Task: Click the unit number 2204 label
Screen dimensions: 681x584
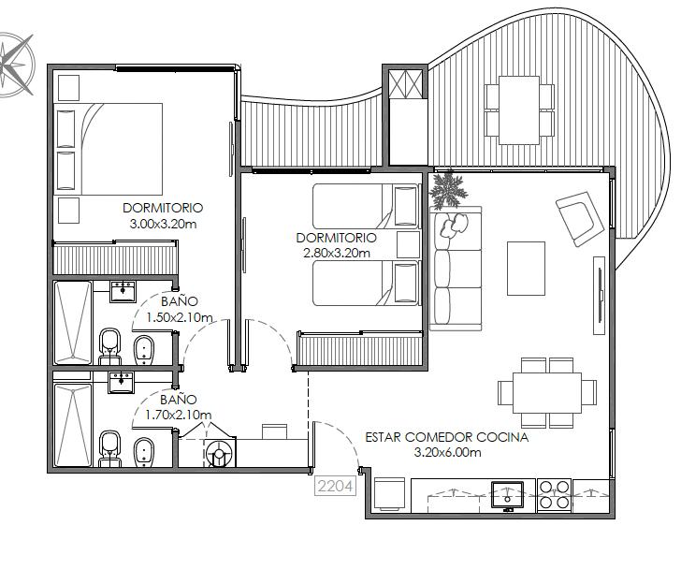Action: pos(335,486)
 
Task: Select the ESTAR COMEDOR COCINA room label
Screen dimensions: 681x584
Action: pos(447,437)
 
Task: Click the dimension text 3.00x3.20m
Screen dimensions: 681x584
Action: pos(163,225)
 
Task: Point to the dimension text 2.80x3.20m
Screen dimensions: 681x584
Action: pos(337,253)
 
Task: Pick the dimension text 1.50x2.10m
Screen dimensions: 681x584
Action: pos(180,317)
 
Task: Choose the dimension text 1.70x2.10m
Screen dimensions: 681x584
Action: pos(179,415)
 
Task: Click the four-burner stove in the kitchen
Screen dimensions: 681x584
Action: pos(555,494)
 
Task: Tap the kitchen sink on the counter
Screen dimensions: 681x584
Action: pos(507,494)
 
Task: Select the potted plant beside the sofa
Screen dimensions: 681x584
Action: pos(447,189)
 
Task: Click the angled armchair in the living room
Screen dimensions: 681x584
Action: pos(580,219)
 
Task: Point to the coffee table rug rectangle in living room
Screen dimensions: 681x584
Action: pos(526,269)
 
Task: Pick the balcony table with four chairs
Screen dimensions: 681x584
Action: pos(519,110)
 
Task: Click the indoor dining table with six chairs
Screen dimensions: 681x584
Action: pos(547,393)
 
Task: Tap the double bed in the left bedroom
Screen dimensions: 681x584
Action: pos(109,149)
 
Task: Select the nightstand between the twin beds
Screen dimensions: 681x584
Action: pos(408,244)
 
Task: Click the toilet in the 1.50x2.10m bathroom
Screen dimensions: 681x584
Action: pos(109,346)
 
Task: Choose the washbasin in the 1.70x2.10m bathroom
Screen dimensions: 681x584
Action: pos(122,383)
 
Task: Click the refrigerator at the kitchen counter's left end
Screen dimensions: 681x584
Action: pos(389,494)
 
